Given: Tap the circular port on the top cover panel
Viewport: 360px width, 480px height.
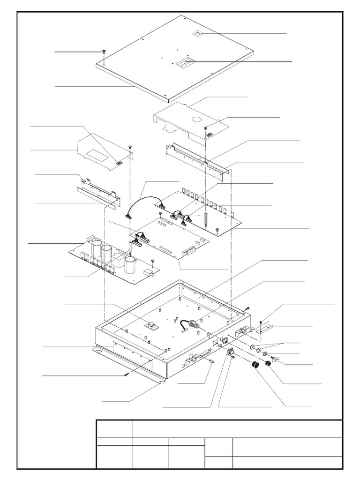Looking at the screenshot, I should pos(198,33).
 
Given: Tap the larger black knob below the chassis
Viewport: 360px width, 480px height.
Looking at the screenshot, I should pos(255,366).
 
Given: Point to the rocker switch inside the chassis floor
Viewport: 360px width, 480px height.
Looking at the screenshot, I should pos(150,324).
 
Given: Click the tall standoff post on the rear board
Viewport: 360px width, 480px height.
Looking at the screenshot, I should pos(205,217).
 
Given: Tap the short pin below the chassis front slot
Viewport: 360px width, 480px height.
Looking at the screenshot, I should pos(211,361).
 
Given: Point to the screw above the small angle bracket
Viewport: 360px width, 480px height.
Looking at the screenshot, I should pos(261,321).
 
